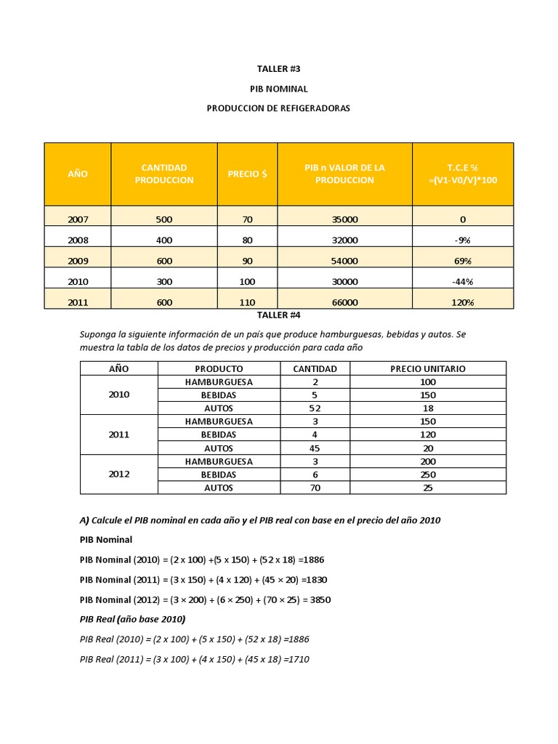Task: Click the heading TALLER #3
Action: pyautogui.click(x=278, y=68)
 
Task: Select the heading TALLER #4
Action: pyautogui.click(x=278, y=315)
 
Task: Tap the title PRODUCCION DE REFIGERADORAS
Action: pyautogui.click(x=278, y=108)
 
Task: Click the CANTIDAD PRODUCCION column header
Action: pyautogui.click(x=164, y=174)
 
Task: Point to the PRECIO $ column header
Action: pyautogui.click(x=247, y=174)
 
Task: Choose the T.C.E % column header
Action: pyautogui.click(x=463, y=174)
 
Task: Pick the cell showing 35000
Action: pyautogui.click(x=344, y=219)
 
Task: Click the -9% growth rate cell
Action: pyautogui.click(x=463, y=240)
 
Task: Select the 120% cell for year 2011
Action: pyautogui.click(x=463, y=302)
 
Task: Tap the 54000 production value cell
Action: pyautogui.click(x=344, y=261)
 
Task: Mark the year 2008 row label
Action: pyautogui.click(x=77, y=240)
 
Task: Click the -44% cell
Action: pyautogui.click(x=463, y=281)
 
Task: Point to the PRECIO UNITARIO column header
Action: pyautogui.click(x=428, y=368)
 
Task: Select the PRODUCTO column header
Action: pyautogui.click(x=219, y=368)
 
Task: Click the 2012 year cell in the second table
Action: pyautogui.click(x=118, y=474)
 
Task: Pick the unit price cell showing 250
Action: pyautogui.click(x=428, y=474)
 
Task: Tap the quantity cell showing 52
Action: pyautogui.click(x=315, y=408)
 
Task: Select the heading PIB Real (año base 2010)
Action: pyautogui.click(x=132, y=619)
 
